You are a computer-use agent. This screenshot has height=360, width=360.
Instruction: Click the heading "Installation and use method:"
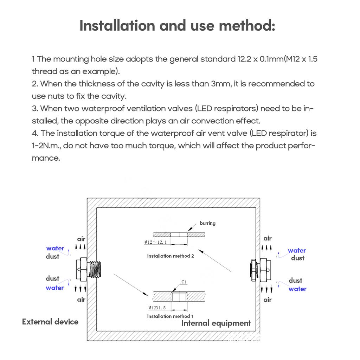point(177,26)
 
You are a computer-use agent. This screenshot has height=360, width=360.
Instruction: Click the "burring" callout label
point(207,223)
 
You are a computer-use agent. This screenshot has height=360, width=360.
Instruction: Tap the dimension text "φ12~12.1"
point(155,242)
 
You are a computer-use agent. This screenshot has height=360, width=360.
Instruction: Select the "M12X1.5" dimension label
point(157,308)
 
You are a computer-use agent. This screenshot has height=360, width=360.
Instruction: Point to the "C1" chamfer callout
point(184,282)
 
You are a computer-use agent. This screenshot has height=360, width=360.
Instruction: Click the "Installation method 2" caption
point(171,256)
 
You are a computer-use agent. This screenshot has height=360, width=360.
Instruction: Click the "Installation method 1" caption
point(170,316)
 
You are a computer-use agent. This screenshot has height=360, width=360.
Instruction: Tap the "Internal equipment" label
point(216,323)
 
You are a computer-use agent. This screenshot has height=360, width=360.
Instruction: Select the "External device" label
point(50,322)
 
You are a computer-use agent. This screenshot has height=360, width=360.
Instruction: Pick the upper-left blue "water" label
point(55,248)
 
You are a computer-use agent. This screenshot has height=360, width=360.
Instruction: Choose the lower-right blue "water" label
point(297,289)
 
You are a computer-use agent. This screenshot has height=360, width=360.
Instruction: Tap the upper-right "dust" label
point(297,258)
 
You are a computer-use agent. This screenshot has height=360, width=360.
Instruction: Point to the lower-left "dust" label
point(52,278)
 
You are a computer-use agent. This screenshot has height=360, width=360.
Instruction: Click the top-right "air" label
point(268,239)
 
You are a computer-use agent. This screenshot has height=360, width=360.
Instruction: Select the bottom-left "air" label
point(81,300)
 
